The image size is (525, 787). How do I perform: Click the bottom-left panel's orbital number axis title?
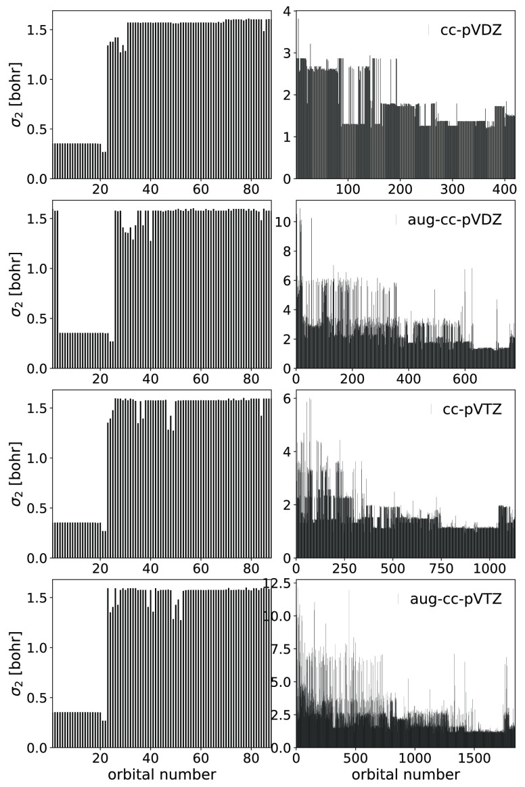(163, 772)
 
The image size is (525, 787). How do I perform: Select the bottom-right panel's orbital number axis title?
(405, 772)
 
